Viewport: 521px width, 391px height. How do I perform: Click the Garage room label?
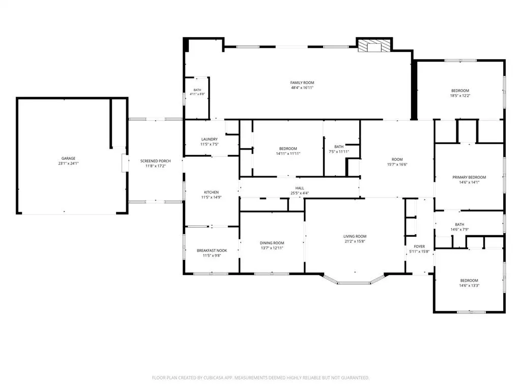click(69, 158)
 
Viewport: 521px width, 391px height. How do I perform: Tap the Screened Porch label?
click(156, 161)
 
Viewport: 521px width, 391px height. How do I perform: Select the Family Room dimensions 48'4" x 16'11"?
click(302, 88)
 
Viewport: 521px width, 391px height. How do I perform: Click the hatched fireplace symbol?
click(374, 46)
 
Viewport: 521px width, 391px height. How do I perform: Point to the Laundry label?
click(209, 139)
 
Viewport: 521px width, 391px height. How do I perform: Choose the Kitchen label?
click(211, 192)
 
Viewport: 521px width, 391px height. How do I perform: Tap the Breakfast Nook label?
click(212, 250)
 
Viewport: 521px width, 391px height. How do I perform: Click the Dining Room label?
click(272, 243)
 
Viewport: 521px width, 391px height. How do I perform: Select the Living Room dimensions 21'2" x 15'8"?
click(355, 241)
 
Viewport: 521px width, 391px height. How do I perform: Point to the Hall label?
click(300, 188)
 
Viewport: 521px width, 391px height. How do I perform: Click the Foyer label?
click(419, 246)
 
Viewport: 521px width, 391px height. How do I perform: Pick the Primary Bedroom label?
click(469, 177)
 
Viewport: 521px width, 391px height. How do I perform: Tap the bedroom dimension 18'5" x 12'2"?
click(460, 96)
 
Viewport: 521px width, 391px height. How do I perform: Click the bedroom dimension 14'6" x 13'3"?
click(469, 286)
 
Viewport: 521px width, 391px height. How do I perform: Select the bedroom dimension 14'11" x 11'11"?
click(288, 154)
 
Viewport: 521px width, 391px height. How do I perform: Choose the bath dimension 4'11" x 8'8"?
click(197, 94)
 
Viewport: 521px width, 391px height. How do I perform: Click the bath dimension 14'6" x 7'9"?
click(459, 230)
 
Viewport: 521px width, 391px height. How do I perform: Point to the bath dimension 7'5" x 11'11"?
click(339, 152)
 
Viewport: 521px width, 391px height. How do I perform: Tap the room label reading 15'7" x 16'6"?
click(397, 164)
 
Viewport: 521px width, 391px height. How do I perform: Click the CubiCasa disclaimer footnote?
click(260, 378)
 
